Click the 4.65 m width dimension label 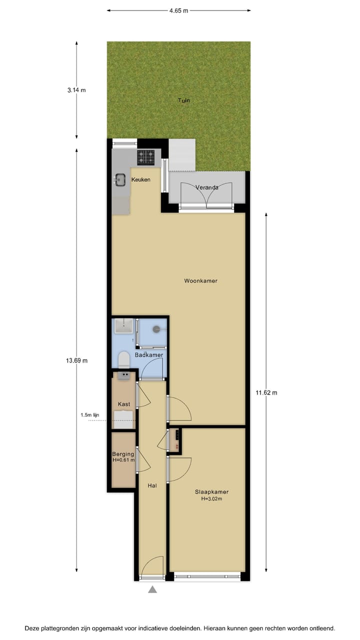[x=178, y=10]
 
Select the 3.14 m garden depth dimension [x=76, y=90]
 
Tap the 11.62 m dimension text [x=266, y=393]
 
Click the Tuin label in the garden [x=184, y=100]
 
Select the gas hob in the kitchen [x=146, y=157]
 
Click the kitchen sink [x=120, y=179]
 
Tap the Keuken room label [x=140, y=180]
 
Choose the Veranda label [x=206, y=187]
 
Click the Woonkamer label [x=200, y=281]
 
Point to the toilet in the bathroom [x=123, y=360]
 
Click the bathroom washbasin [x=122, y=326]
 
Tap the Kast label [x=123, y=404]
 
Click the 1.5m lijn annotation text [x=90, y=415]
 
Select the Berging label [x=123, y=454]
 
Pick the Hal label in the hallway [x=152, y=485]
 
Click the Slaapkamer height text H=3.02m [x=211, y=498]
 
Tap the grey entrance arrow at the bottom [x=152, y=590]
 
